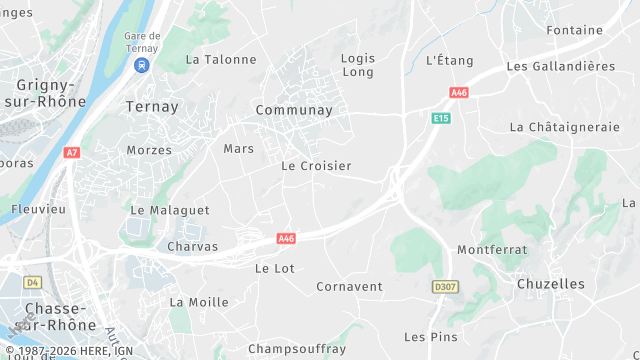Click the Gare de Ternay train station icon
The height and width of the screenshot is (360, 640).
(x=142, y=65)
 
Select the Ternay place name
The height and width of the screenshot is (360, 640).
(x=152, y=106)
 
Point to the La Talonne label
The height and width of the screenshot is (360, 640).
(x=221, y=59)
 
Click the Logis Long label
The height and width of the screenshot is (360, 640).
(x=357, y=65)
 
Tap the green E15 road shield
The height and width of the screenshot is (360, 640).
(x=440, y=118)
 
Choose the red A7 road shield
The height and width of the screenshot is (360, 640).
(x=71, y=153)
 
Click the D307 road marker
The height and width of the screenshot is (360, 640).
(x=445, y=287)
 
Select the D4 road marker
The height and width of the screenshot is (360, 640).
(x=32, y=282)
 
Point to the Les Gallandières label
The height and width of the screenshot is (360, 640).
(x=560, y=66)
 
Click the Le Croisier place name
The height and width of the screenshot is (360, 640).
(x=316, y=165)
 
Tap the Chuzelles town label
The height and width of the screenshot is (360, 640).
(x=551, y=284)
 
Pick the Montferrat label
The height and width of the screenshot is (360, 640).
(x=491, y=249)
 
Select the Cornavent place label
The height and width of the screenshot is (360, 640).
(x=349, y=286)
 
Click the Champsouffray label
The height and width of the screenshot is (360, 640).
(x=296, y=348)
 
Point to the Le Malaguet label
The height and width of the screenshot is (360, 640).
(x=170, y=210)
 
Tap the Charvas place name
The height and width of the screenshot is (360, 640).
(x=192, y=246)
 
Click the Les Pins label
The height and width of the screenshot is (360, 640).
(x=430, y=337)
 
